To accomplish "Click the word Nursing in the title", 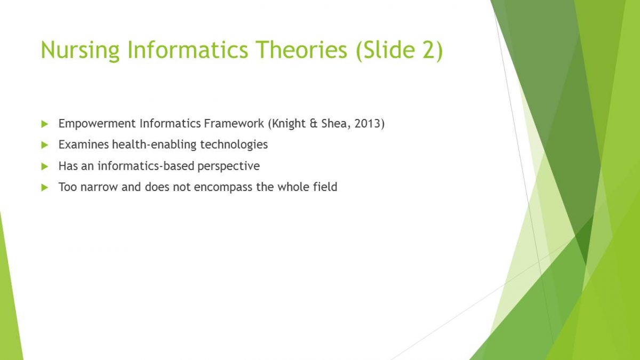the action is tap(80, 50).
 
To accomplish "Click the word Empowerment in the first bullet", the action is tap(97, 124).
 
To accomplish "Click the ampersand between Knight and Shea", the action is tap(314, 123).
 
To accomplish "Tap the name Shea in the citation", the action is tap(336, 124).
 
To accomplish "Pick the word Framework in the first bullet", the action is tap(234, 123).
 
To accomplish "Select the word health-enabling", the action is tap(154, 145).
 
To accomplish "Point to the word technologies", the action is tap(234, 145).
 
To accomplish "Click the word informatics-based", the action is tap(146, 166).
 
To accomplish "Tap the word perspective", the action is tap(229, 166).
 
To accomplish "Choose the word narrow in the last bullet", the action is tap(99, 187).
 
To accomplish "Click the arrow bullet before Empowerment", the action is tap(45, 124).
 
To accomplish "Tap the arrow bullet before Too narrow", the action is tap(45, 188).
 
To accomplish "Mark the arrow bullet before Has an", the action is tap(45, 166).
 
